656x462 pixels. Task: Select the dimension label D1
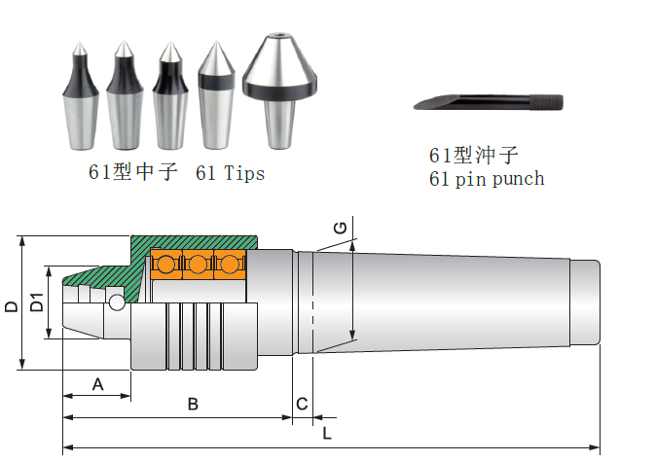pos(38,302)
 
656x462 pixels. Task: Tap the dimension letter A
pos(97,384)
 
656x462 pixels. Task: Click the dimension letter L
pos(327,434)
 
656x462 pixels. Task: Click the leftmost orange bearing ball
pos(166,265)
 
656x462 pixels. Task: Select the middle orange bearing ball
pos(199,265)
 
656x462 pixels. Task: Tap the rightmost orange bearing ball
pos(231,265)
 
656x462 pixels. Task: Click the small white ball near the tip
pos(117,302)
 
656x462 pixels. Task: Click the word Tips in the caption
pos(243,173)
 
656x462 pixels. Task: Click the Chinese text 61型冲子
pos(474,156)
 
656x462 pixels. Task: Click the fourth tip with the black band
pos(215,97)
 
